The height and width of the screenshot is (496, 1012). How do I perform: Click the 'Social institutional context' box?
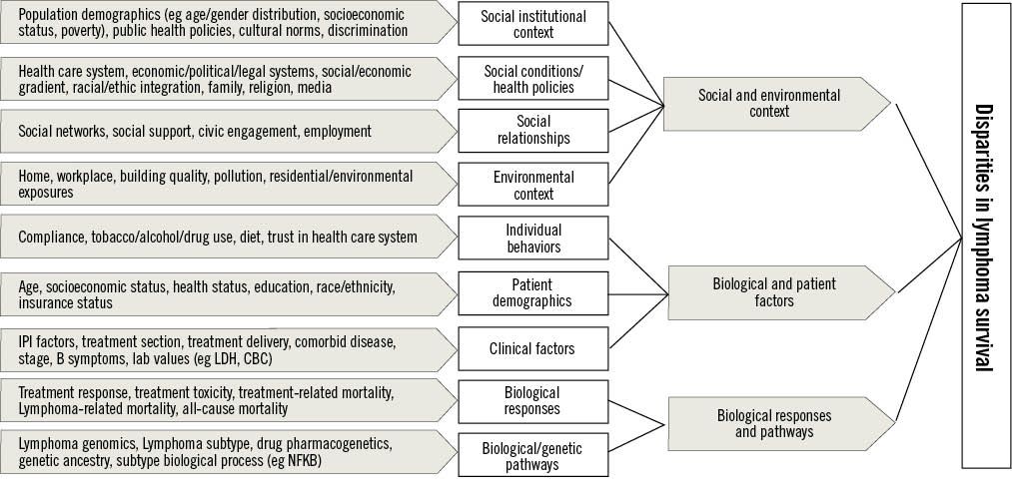click(x=532, y=24)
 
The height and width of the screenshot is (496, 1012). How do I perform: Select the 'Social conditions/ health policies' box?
click(x=532, y=79)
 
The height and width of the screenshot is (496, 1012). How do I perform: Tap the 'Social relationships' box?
click(x=532, y=131)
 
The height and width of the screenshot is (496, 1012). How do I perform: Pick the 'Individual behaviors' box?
click(x=532, y=238)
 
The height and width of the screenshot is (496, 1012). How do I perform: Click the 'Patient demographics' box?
click(x=532, y=291)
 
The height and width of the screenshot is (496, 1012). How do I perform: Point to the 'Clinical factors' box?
click(x=532, y=348)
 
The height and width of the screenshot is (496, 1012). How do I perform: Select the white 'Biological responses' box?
click(x=532, y=400)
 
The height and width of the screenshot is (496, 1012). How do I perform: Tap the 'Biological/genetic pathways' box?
click(x=532, y=456)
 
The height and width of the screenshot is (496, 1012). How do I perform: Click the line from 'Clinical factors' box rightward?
click(x=638, y=318)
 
